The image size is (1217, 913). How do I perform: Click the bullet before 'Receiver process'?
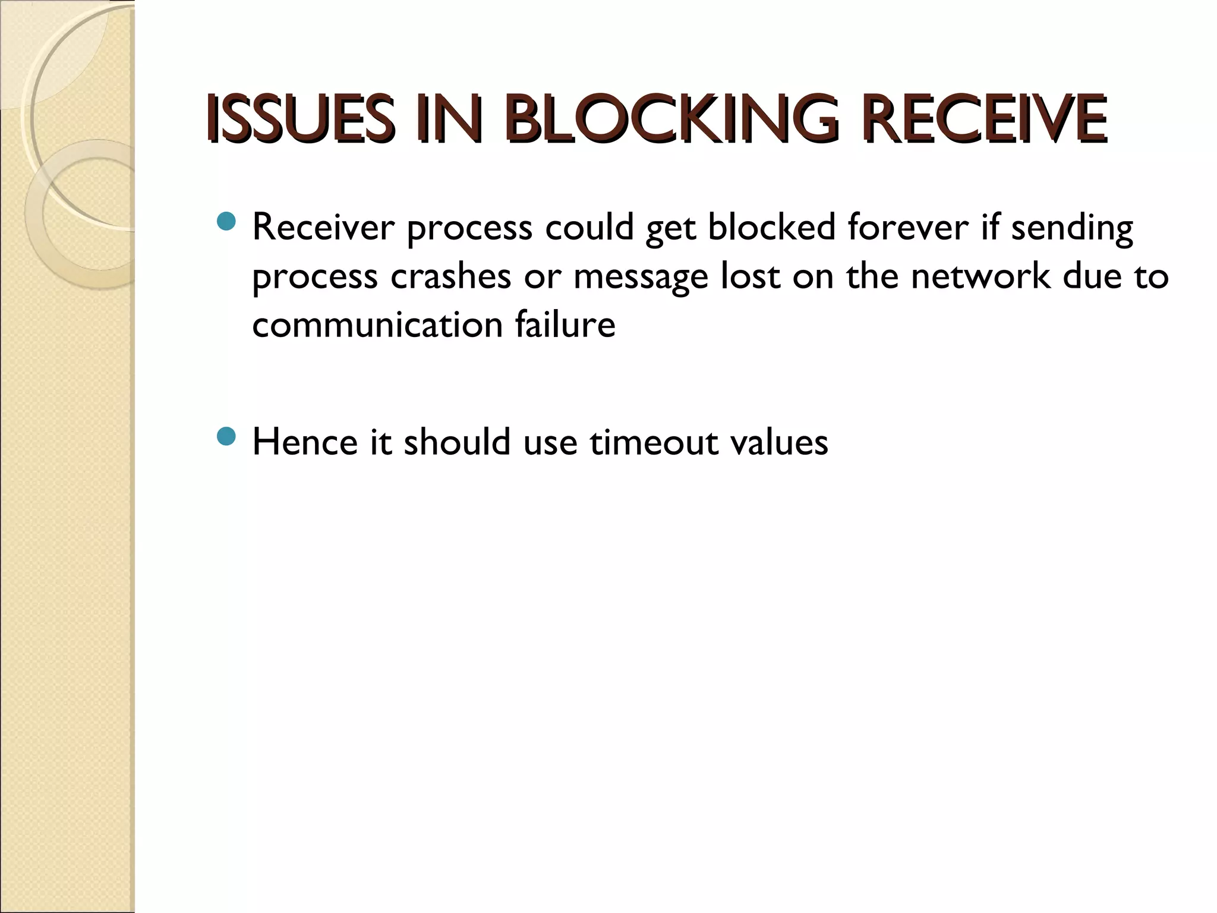pyautogui.click(x=227, y=222)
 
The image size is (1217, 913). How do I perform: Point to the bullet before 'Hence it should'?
pyautogui.click(x=227, y=438)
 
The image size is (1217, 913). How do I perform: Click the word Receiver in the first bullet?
pyautogui.click(x=323, y=228)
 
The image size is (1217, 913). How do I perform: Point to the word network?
pyautogui.click(x=980, y=276)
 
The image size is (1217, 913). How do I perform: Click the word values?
pyautogui.click(x=779, y=443)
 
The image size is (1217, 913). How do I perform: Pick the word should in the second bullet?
pyautogui.click(x=457, y=443)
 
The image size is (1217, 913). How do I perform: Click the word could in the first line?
pyautogui.click(x=589, y=228)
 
